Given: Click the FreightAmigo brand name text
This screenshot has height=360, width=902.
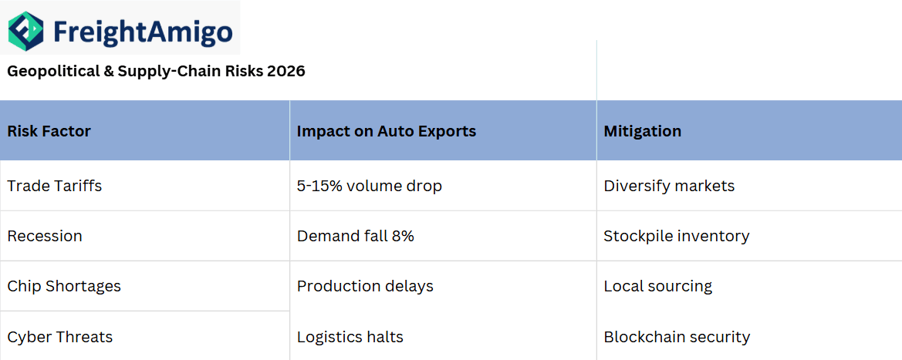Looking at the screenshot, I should click(143, 32).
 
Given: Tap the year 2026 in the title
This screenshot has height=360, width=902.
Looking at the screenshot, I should click(286, 72).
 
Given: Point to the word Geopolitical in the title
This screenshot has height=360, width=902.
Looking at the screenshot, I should click(49, 72).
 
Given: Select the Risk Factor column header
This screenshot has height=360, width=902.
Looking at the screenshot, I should click(49, 131).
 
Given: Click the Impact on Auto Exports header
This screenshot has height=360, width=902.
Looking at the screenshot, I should click(386, 131).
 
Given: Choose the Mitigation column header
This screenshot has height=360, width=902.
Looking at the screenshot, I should click(642, 131).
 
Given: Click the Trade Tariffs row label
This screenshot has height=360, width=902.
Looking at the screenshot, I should click(54, 186).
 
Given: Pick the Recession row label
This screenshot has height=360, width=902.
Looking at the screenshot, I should click(45, 236).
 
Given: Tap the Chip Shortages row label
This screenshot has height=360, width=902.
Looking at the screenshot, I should click(64, 286).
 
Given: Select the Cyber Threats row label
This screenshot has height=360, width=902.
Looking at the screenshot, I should click(59, 337).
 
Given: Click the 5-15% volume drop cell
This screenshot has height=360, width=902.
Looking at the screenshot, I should click(369, 186).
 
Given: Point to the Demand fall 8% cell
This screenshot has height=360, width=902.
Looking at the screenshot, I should click(355, 236).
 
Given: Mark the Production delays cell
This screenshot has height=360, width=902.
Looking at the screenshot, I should click(365, 286).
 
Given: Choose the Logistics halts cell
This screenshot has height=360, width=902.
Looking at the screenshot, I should click(350, 337).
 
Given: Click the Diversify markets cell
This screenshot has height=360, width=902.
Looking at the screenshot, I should click(669, 186).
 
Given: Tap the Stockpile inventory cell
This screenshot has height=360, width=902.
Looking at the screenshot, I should click(676, 236).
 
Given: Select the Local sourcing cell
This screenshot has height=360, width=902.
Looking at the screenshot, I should click(657, 286).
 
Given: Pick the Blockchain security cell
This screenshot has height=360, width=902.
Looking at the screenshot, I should click(677, 337).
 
